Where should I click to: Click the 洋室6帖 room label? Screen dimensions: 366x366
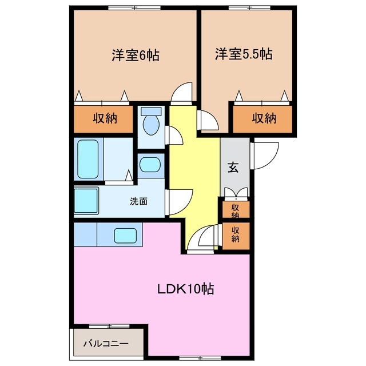[135, 55]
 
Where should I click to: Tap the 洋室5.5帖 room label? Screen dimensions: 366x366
[243, 55]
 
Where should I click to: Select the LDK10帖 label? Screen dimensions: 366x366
[186, 289]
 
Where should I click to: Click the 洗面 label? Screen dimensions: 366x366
[138, 201]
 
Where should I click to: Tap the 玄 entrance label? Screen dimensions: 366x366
[234, 168]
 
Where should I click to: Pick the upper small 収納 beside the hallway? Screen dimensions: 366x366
[235, 210]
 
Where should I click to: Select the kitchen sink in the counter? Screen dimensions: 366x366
[125, 234]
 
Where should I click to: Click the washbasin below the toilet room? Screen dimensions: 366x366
[152, 165]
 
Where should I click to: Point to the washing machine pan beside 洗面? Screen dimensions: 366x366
[86, 200]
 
